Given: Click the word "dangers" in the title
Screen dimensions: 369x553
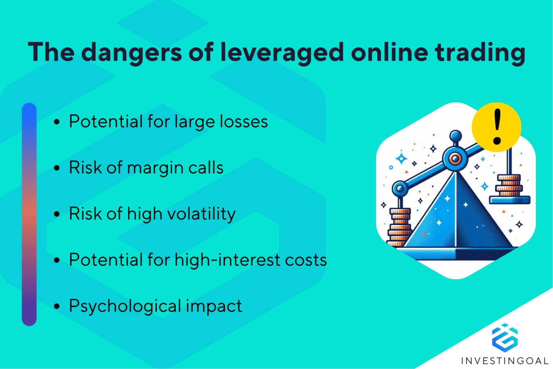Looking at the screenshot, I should click(x=131, y=52).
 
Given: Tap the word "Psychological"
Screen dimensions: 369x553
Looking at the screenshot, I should click(x=125, y=306).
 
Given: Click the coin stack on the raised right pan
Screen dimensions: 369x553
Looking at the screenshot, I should click(x=509, y=185).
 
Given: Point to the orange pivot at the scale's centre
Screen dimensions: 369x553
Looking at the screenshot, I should click(x=453, y=158).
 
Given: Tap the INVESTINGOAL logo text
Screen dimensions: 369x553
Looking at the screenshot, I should click(x=505, y=361).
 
